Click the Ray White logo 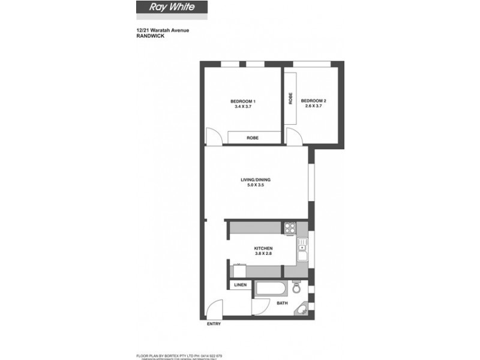pos(171,9)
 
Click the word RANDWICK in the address pos(149,36)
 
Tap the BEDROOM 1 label pos(243,101)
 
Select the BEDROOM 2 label pos(313,101)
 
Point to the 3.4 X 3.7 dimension pos(243,107)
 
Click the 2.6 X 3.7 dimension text pos(313,107)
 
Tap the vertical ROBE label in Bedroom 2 pos(290,99)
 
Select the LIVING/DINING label pos(256,179)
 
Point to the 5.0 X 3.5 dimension pos(256,185)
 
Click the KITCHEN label pos(263,248)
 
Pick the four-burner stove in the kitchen pos(290,227)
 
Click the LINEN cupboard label pos(240,285)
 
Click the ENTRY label pos(214,324)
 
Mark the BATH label pos(282,304)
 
